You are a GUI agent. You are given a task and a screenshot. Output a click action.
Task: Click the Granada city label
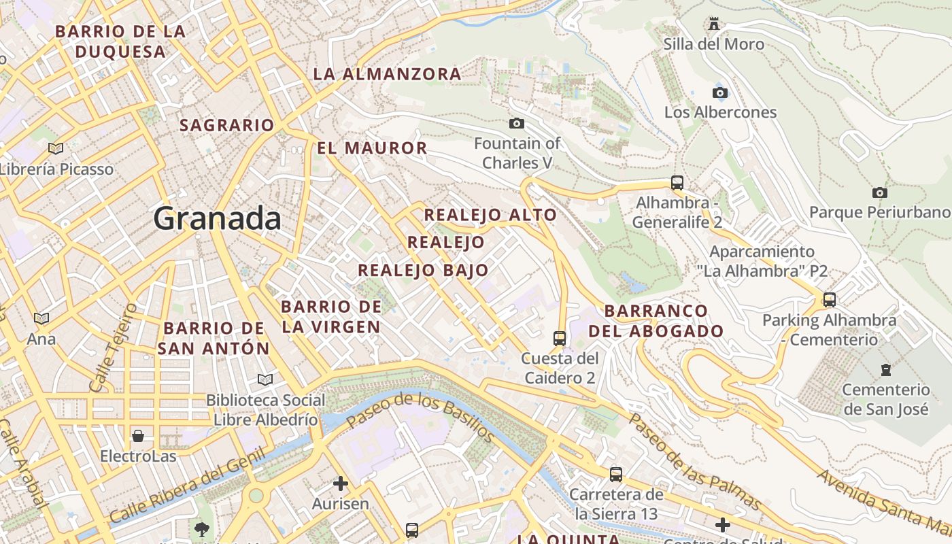tap(217, 219)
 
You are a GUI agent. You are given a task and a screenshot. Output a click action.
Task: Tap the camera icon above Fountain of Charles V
tap(517, 123)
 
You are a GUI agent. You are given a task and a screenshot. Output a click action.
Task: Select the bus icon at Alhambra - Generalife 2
tap(677, 182)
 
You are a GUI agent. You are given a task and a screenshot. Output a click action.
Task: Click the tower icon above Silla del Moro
tap(713, 24)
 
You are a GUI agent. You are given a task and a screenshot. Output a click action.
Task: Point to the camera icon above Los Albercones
tap(719, 92)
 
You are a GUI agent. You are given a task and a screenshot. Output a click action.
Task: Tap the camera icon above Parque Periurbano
tap(879, 192)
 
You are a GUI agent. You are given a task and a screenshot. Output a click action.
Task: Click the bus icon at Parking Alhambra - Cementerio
tap(829, 299)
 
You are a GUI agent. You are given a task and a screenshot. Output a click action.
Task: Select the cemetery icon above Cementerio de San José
tap(885, 370)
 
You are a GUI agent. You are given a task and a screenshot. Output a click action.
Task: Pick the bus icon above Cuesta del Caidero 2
tap(560, 338)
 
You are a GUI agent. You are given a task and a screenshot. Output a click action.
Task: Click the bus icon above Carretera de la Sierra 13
tap(616, 474)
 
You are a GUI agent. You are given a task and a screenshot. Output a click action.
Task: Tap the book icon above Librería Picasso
tap(55, 148)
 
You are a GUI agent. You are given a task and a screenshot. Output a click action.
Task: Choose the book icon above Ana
tap(41, 318)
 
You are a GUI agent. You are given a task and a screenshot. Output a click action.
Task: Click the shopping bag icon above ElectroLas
tap(138, 435)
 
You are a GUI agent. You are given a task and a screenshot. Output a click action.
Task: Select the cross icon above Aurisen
tap(340, 483)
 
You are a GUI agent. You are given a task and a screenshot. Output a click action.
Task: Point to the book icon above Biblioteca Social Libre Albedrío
tap(265, 379)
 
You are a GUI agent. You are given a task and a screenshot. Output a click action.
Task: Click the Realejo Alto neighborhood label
tap(490, 215)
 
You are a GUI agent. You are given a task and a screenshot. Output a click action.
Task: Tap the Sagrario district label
tap(226, 125)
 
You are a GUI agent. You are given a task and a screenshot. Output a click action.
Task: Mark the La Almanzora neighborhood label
tap(387, 74)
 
